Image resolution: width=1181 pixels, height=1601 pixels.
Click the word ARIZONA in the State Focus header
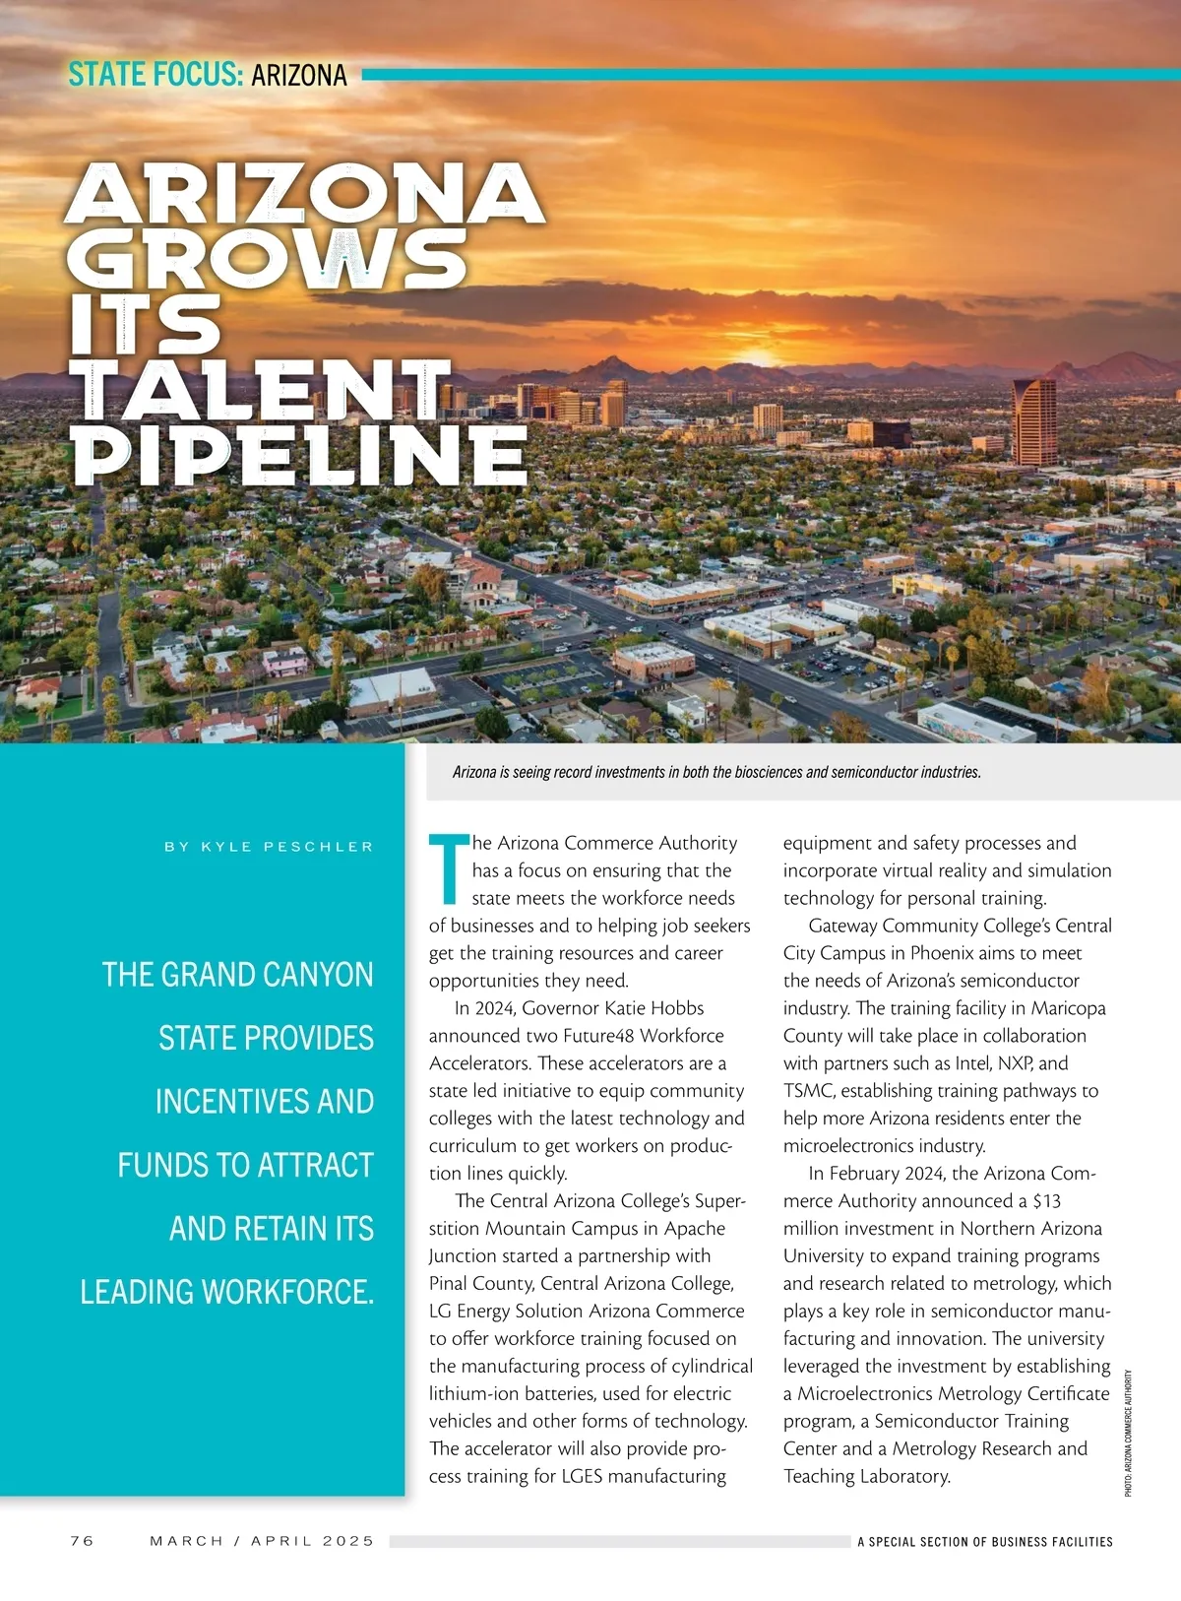point(299,75)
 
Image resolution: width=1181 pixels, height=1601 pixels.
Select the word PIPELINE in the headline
point(299,455)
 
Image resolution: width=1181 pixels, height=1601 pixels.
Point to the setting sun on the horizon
point(759,358)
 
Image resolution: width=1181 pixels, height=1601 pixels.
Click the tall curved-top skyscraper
point(1034,420)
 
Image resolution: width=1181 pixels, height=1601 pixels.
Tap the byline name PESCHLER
point(319,847)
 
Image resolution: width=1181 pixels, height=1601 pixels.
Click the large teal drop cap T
point(449,868)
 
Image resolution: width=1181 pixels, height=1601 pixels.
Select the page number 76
point(83,1541)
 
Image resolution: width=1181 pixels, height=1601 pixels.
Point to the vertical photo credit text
point(1128,1433)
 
